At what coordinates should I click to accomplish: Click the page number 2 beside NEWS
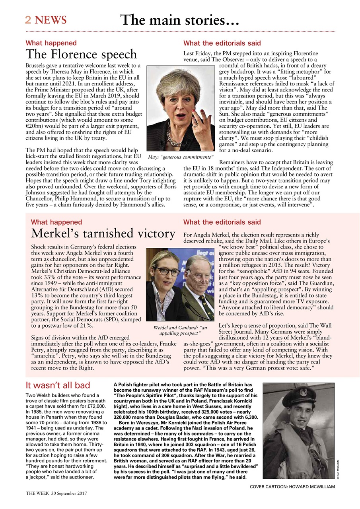pos(29,20)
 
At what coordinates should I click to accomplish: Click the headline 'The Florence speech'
pos(81,54)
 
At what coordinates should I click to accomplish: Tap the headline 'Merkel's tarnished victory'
pos(103,233)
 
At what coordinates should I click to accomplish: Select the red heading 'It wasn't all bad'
pos(58,385)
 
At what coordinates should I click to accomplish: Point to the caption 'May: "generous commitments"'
pos(180,158)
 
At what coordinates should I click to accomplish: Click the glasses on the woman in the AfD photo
pos(167,271)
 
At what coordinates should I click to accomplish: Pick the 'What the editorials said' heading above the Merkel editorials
pos(222,222)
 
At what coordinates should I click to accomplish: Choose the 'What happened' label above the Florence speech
pos(51,43)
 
